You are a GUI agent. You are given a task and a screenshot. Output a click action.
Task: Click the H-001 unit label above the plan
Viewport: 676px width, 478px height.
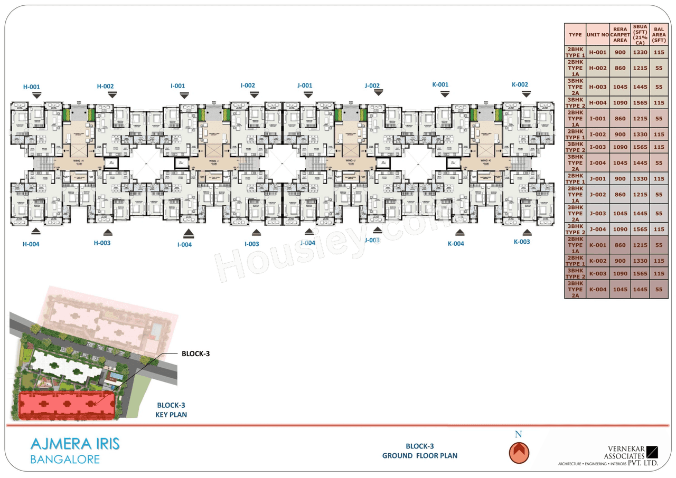pos(31,87)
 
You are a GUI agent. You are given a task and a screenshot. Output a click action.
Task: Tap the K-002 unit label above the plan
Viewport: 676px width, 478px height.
pos(520,84)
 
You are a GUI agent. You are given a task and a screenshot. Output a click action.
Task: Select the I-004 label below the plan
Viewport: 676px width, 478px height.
pos(184,245)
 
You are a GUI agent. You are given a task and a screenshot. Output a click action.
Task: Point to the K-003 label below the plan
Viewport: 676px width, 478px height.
pos(522,242)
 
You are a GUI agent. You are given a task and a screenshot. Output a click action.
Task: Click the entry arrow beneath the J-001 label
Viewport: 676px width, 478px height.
pos(308,95)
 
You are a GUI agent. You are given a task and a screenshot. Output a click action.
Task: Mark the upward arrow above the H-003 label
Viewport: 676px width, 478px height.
pos(107,232)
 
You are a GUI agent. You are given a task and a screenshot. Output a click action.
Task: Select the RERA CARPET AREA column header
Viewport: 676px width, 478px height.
pos(620,34)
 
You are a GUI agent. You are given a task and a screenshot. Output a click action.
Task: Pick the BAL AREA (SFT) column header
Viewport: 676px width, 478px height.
pos(659,34)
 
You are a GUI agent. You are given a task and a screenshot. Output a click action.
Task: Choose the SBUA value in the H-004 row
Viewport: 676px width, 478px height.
pos(640,103)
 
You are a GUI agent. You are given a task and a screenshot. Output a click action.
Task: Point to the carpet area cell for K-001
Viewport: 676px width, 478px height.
pos(620,245)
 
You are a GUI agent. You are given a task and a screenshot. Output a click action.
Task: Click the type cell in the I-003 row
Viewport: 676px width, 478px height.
pos(575,147)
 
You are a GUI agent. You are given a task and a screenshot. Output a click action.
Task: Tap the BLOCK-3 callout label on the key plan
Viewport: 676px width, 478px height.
pos(195,353)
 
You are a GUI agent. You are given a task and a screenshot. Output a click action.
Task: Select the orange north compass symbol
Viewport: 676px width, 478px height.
pos(519,452)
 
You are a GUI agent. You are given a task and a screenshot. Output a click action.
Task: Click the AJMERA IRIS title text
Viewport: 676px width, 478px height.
pos(75,444)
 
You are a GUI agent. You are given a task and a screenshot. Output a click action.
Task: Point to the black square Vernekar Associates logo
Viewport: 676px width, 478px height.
pos(653,452)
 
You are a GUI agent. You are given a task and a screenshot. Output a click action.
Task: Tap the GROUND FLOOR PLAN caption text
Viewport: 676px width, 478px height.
pos(420,455)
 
